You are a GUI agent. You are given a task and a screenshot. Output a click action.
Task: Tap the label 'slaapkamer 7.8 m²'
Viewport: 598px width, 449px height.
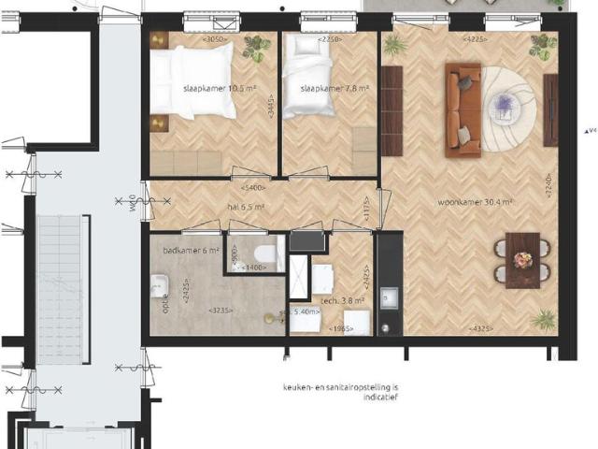(x=335, y=90)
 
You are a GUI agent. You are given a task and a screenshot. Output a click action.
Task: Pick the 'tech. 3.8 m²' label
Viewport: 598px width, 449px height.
(x=342, y=301)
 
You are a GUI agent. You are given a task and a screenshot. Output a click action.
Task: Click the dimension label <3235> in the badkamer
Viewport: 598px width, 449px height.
(x=221, y=311)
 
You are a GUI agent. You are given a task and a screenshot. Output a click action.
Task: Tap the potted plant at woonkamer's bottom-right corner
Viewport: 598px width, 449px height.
(x=543, y=320)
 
